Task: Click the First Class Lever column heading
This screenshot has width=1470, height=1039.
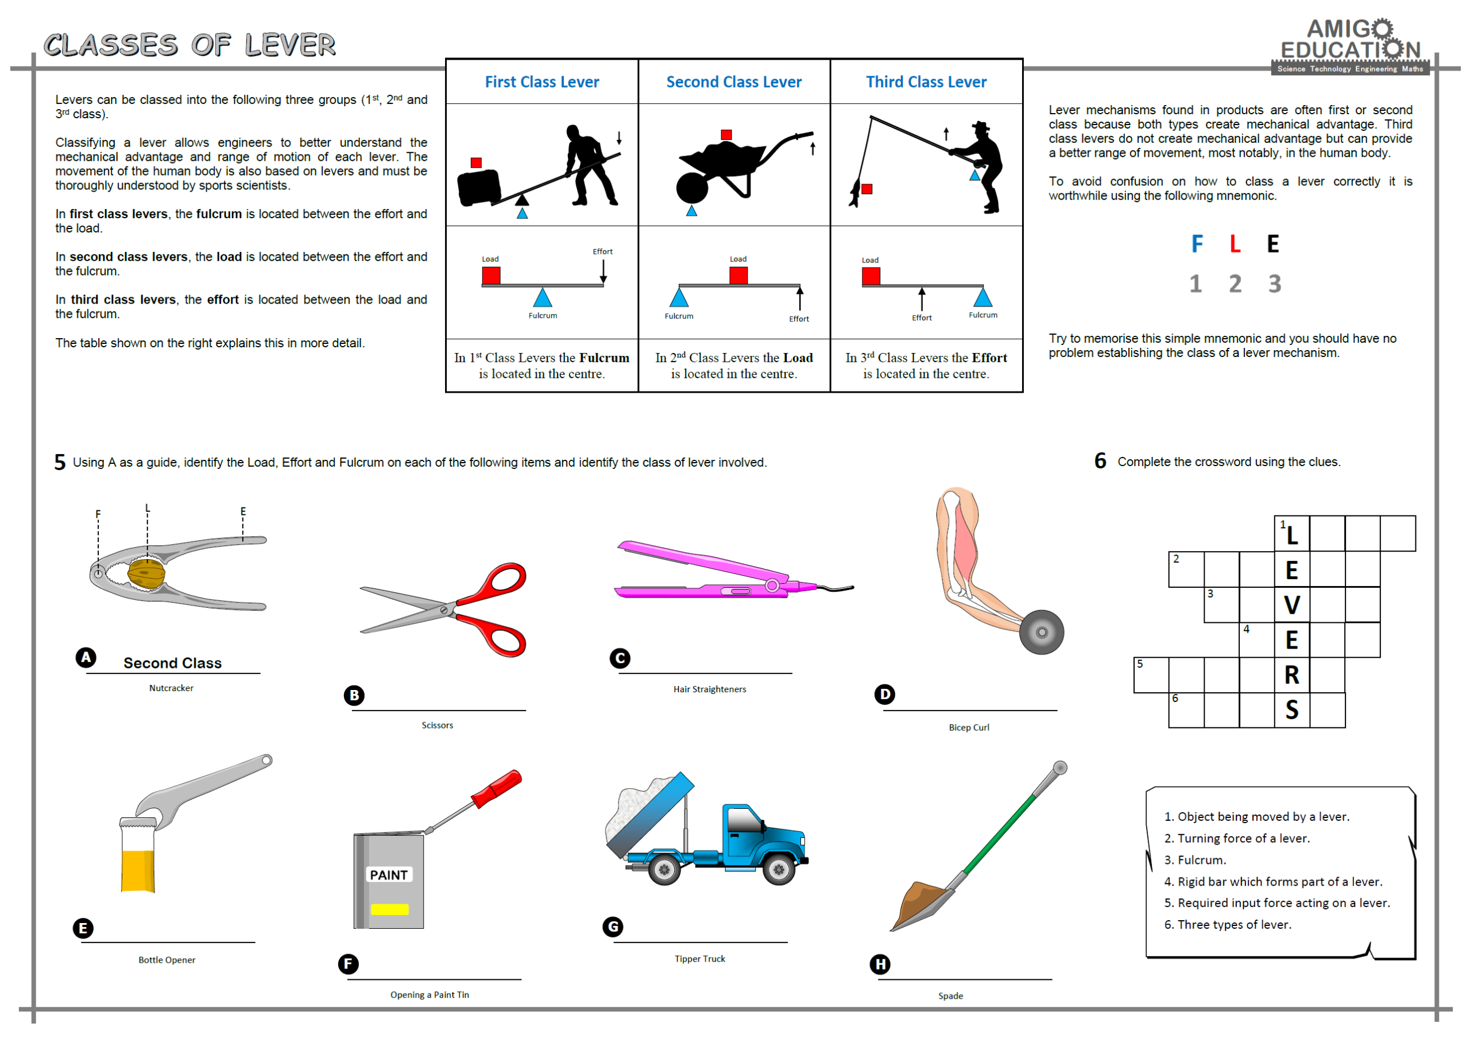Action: [x=541, y=82]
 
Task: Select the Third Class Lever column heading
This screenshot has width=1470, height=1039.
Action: [x=926, y=82]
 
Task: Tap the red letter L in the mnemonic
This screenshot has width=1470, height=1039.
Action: [x=1235, y=244]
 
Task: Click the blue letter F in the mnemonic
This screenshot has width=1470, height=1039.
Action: [x=1197, y=244]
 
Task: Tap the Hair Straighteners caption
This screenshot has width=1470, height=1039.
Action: [x=709, y=689]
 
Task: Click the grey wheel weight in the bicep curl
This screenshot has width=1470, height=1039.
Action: [x=1041, y=632]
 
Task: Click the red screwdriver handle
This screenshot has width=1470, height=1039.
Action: [x=497, y=788]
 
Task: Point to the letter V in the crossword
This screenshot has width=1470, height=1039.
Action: [x=1291, y=605]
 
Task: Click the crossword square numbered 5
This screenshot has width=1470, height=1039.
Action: [x=1151, y=674]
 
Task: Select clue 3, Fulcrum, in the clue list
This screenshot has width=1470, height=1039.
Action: [x=1195, y=860]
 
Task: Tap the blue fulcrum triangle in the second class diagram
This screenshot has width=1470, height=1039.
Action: [x=679, y=298]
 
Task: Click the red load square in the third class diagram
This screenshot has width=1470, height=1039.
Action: [x=871, y=277]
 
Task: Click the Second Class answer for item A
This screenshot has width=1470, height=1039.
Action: [x=172, y=662]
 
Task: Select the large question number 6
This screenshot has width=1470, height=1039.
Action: [x=1100, y=461]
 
